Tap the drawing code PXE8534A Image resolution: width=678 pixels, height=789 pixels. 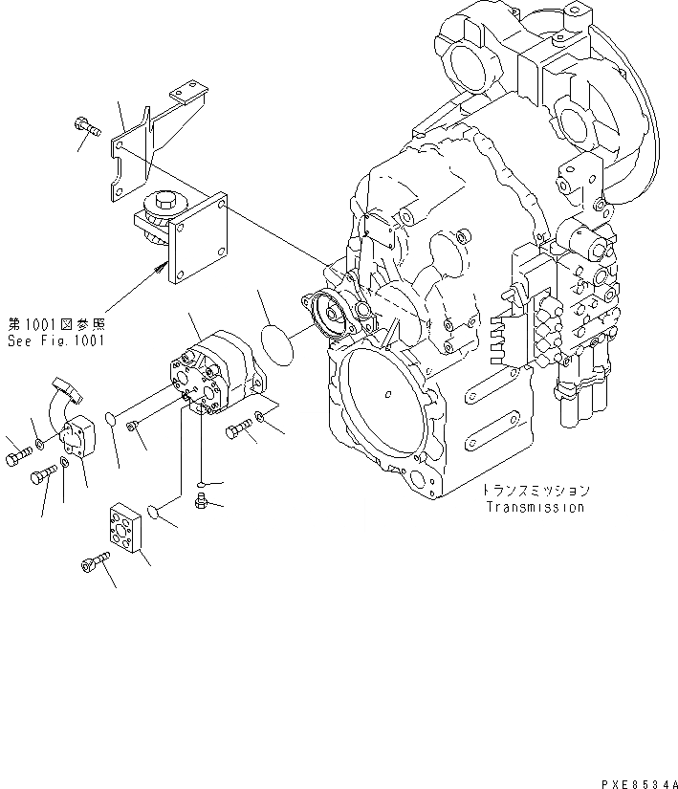point(634,781)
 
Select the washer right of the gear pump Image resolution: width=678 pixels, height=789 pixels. point(261,417)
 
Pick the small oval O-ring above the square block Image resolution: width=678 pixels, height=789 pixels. point(160,520)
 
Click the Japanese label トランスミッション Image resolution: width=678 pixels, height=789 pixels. point(535,490)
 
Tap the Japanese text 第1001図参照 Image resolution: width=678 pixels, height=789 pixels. point(56,324)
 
